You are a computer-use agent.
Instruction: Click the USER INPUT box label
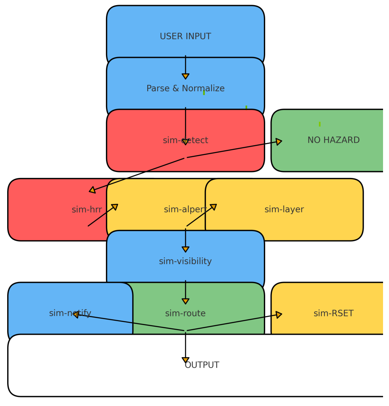(185, 36)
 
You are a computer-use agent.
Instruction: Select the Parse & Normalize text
(185, 88)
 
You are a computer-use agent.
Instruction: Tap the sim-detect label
(185, 140)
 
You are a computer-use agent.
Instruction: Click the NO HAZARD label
(333, 140)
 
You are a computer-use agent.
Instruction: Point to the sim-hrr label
(87, 209)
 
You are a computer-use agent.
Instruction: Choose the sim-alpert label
(185, 209)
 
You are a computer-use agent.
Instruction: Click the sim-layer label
(284, 209)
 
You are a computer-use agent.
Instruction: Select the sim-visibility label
(185, 261)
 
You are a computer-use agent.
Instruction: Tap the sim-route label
(185, 313)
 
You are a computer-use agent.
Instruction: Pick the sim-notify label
(70, 313)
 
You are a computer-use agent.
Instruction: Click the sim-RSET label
(333, 313)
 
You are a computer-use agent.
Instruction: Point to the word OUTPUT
(202, 365)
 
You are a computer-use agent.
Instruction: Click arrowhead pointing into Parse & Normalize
(185, 76)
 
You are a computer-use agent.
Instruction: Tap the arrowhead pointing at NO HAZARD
(279, 142)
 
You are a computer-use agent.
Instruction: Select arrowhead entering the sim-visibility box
(185, 249)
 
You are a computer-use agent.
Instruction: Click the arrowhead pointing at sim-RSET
(279, 314)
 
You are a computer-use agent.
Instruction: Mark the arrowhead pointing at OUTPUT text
(185, 360)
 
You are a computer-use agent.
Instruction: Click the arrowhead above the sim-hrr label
(92, 190)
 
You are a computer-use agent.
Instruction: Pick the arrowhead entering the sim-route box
(185, 301)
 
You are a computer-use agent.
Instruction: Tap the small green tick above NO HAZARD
(320, 124)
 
